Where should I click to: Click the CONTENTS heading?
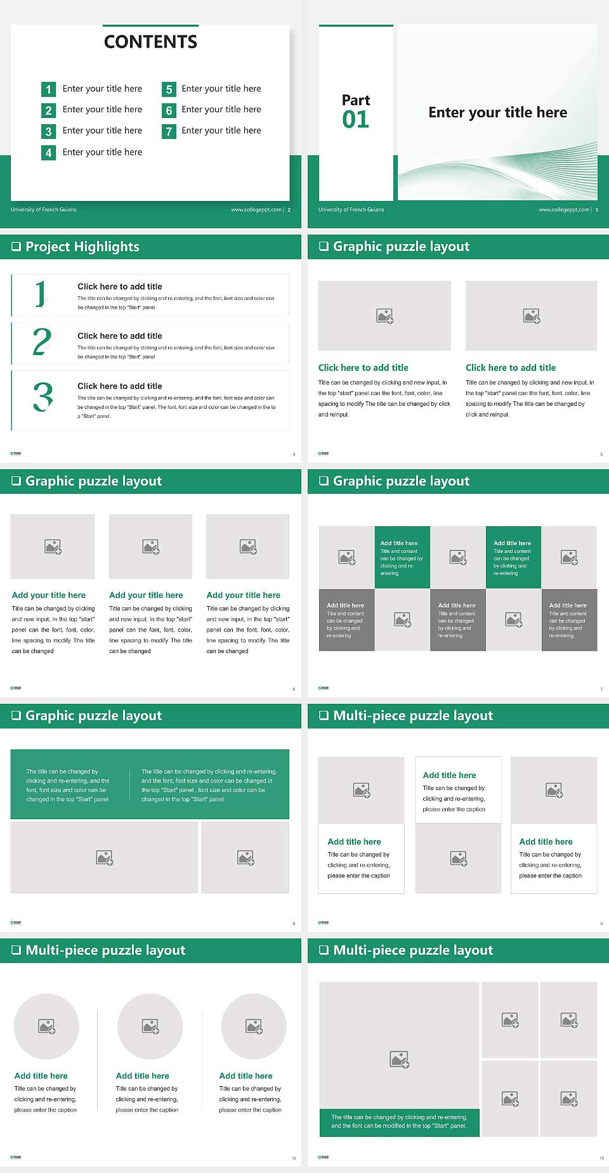pos(150,42)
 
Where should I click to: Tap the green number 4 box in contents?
pos(48,153)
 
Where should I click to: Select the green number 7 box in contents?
pos(169,131)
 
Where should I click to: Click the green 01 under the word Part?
pos(355,119)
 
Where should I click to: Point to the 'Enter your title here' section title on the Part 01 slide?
pos(497,112)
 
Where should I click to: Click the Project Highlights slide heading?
pos(82,247)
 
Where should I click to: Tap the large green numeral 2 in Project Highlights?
pos(42,342)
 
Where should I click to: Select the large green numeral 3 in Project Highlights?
pos(43,397)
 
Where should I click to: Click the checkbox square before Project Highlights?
pos(16,247)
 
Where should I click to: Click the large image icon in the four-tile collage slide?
pos(399,1059)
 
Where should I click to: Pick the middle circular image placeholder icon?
pos(150,1026)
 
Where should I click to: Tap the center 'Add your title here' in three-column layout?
pos(146,595)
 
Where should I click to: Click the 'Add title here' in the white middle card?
pos(449,775)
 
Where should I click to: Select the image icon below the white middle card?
pos(458,859)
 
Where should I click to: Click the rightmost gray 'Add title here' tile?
pos(568,619)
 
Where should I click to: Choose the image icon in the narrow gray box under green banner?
pos(246,858)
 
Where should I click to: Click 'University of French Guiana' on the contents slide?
pos(43,210)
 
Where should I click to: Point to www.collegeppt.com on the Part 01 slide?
pos(564,210)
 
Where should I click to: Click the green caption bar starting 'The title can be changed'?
pos(399,1122)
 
